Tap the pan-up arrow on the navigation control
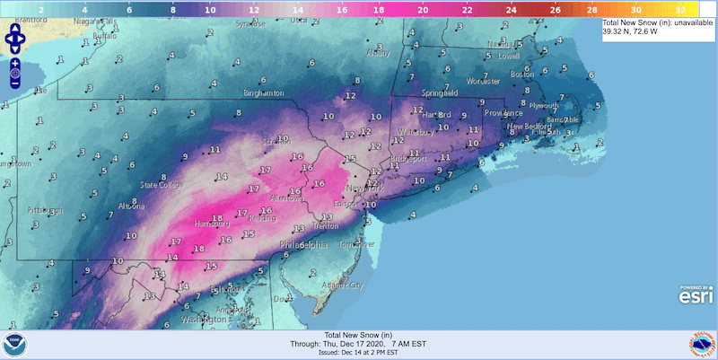[15, 30]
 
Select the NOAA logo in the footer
[17, 344]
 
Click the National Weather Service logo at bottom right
[700, 344]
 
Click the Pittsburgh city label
[41, 210]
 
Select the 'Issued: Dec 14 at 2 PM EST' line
[359, 354]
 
